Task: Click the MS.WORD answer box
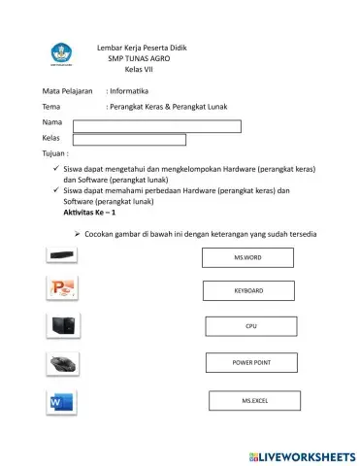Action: click(247, 257)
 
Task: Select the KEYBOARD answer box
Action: click(248, 290)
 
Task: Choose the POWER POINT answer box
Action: click(250, 363)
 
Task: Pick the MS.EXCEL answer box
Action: click(254, 400)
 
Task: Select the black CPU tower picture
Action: click(63, 326)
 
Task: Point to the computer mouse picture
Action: click(63, 365)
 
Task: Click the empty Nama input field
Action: click(156, 125)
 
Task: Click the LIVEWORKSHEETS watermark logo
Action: click(303, 455)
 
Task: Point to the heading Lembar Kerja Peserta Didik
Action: click(142, 48)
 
